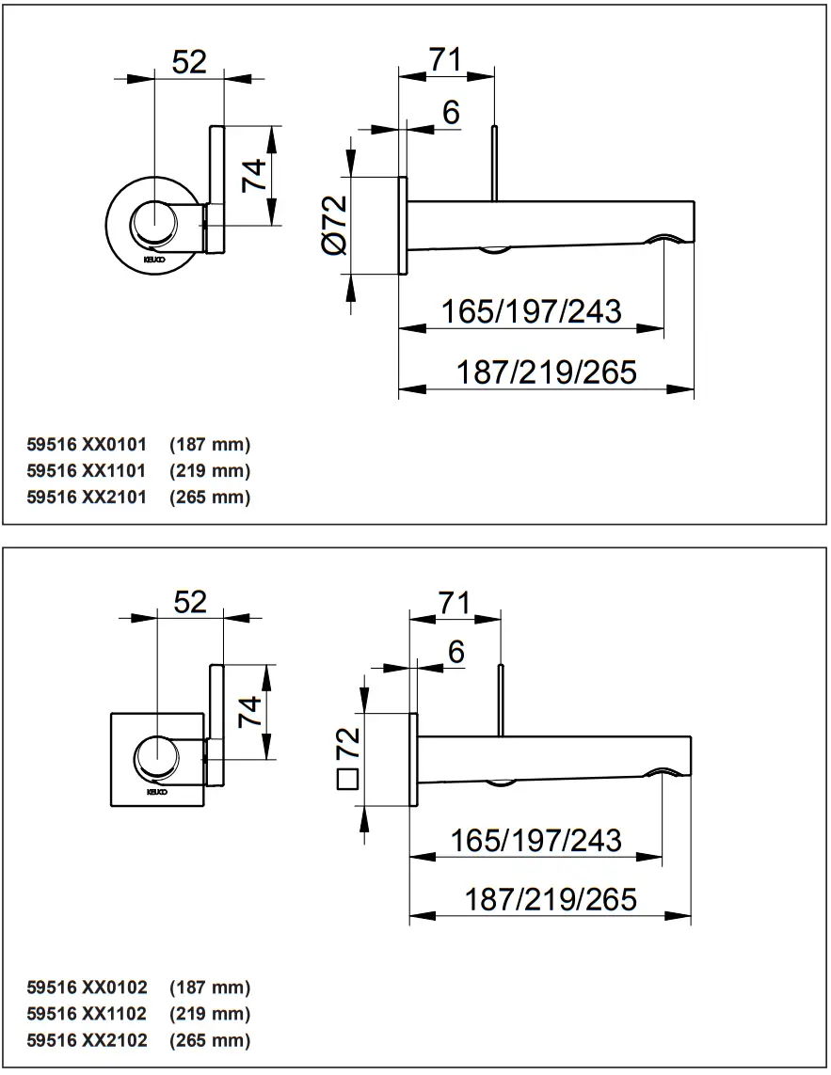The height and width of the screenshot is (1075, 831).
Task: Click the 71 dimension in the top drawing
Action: click(x=445, y=58)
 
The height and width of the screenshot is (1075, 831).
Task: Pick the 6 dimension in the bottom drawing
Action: click(x=456, y=652)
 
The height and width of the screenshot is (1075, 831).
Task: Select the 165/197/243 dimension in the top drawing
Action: click(x=532, y=310)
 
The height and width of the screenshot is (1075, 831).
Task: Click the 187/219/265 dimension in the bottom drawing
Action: click(x=551, y=899)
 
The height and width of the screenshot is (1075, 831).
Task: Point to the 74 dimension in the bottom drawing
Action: click(x=249, y=713)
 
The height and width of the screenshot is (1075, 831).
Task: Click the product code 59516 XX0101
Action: click(x=87, y=444)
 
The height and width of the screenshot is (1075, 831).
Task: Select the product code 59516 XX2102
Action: click(x=87, y=1040)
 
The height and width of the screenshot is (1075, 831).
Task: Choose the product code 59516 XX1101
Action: click(x=87, y=470)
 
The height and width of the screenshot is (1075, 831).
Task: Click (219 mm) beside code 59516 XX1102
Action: click(x=210, y=1014)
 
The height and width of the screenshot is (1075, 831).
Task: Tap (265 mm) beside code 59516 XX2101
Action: click(x=210, y=497)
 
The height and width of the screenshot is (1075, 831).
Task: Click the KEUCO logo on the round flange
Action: click(x=153, y=255)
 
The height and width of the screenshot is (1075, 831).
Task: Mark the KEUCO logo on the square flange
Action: click(x=156, y=792)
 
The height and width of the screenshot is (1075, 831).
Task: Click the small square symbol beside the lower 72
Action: click(x=348, y=779)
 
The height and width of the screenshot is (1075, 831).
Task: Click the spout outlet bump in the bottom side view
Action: click(x=665, y=772)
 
